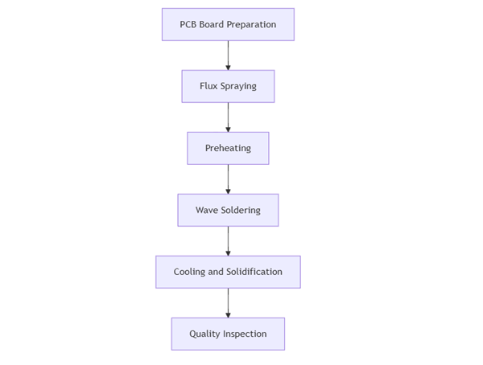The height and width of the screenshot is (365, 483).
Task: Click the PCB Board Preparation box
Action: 228,24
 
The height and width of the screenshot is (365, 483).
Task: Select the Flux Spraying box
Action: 228,86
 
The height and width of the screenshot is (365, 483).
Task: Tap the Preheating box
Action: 228,148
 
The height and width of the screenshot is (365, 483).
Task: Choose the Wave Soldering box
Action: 228,210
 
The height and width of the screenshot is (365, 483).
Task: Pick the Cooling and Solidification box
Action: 228,272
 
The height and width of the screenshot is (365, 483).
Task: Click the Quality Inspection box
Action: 228,334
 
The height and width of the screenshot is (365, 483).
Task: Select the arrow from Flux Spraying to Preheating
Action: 228,117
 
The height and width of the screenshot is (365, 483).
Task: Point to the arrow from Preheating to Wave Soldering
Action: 228,178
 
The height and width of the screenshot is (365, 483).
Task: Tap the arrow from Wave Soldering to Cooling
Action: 228,240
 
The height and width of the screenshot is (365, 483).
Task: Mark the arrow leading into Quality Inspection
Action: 228,302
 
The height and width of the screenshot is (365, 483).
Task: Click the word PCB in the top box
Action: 188,24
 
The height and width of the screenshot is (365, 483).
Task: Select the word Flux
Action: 208,86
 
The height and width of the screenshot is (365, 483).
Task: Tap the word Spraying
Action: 239,87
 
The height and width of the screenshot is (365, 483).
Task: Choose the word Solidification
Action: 254,272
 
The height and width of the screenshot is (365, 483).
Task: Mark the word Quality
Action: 205,334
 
